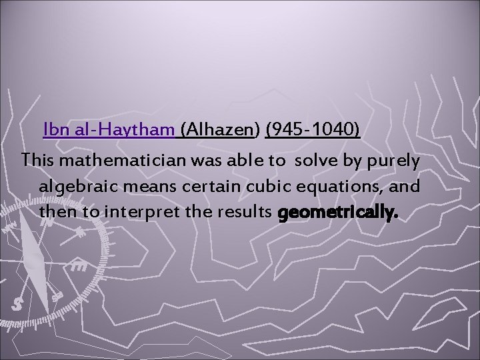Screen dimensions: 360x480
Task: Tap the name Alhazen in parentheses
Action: (222, 129)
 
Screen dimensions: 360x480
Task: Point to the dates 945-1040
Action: (313, 129)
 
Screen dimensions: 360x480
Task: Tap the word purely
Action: (395, 161)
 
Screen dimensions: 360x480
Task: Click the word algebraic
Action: (77, 187)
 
